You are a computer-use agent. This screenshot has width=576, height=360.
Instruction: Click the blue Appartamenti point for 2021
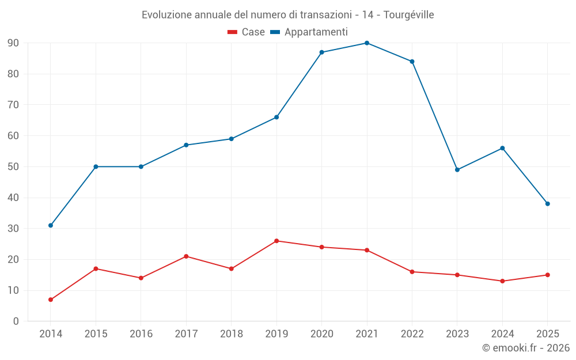[x=367, y=43]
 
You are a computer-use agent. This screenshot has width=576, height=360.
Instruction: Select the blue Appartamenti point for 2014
[x=51, y=225]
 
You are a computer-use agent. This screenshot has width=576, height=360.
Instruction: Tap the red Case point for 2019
[x=276, y=241]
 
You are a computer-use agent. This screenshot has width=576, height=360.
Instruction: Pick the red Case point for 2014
[x=51, y=300]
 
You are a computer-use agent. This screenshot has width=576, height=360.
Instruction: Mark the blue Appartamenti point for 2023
[x=457, y=170]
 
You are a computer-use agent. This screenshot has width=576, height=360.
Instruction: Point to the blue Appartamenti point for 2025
[x=547, y=204]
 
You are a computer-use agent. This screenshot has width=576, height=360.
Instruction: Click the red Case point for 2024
[x=502, y=281]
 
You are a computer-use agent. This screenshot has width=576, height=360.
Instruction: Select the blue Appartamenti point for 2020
[x=321, y=52]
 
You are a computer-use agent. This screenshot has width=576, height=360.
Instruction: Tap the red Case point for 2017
[x=186, y=256]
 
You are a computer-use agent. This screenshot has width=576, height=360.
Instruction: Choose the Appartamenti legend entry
[x=309, y=32]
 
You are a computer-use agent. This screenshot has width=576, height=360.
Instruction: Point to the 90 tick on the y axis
[x=13, y=43]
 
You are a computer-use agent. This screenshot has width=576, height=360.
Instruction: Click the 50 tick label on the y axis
[x=13, y=167]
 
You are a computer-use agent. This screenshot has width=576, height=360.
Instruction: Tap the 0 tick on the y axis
[x=16, y=321]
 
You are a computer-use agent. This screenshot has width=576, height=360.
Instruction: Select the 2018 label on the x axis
[x=231, y=334]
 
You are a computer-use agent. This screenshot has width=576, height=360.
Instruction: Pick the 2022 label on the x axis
[x=412, y=334]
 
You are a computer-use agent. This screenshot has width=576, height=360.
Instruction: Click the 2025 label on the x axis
[x=547, y=334]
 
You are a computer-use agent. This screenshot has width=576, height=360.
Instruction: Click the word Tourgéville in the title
[x=410, y=14]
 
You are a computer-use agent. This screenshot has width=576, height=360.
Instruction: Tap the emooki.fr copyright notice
[x=526, y=348]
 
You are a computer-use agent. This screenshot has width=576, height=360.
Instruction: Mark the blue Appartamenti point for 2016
[x=141, y=167]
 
